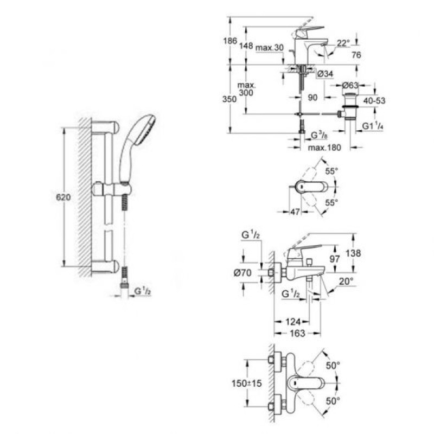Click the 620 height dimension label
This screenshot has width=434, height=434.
[64, 198]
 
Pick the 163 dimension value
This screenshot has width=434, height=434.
[297, 333]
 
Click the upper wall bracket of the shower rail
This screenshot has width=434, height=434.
[106, 126]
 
